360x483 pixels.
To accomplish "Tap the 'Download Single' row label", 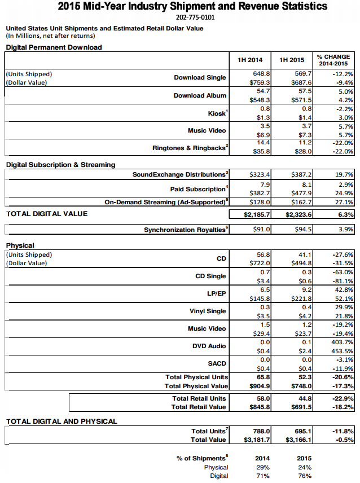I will tap(200, 78).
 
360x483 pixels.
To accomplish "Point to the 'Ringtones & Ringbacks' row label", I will tap(190, 148).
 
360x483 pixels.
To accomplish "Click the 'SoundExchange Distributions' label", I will tap(181, 175).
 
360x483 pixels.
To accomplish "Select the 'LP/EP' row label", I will tap(216, 294).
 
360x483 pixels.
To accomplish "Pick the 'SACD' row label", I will tap(217, 364).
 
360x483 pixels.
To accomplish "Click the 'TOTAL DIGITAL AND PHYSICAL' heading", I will tap(62, 421).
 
